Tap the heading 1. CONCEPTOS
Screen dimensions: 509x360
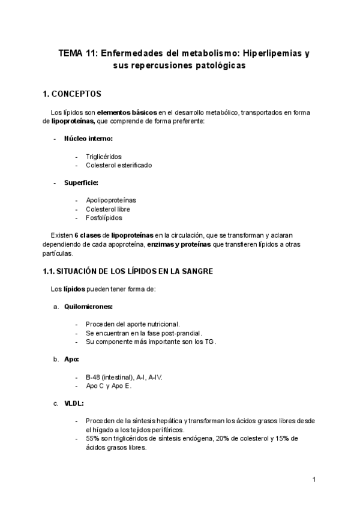point(73,94)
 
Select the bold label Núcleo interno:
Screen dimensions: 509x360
point(88,139)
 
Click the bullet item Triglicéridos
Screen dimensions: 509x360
point(103,157)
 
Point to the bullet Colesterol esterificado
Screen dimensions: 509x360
point(118,165)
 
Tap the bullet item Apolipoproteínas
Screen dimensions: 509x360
point(111,200)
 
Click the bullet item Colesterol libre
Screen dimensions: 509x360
point(108,209)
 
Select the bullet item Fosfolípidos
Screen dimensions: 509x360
point(104,218)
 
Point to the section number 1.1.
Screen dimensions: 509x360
point(49,271)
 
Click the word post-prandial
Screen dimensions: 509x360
point(181,333)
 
